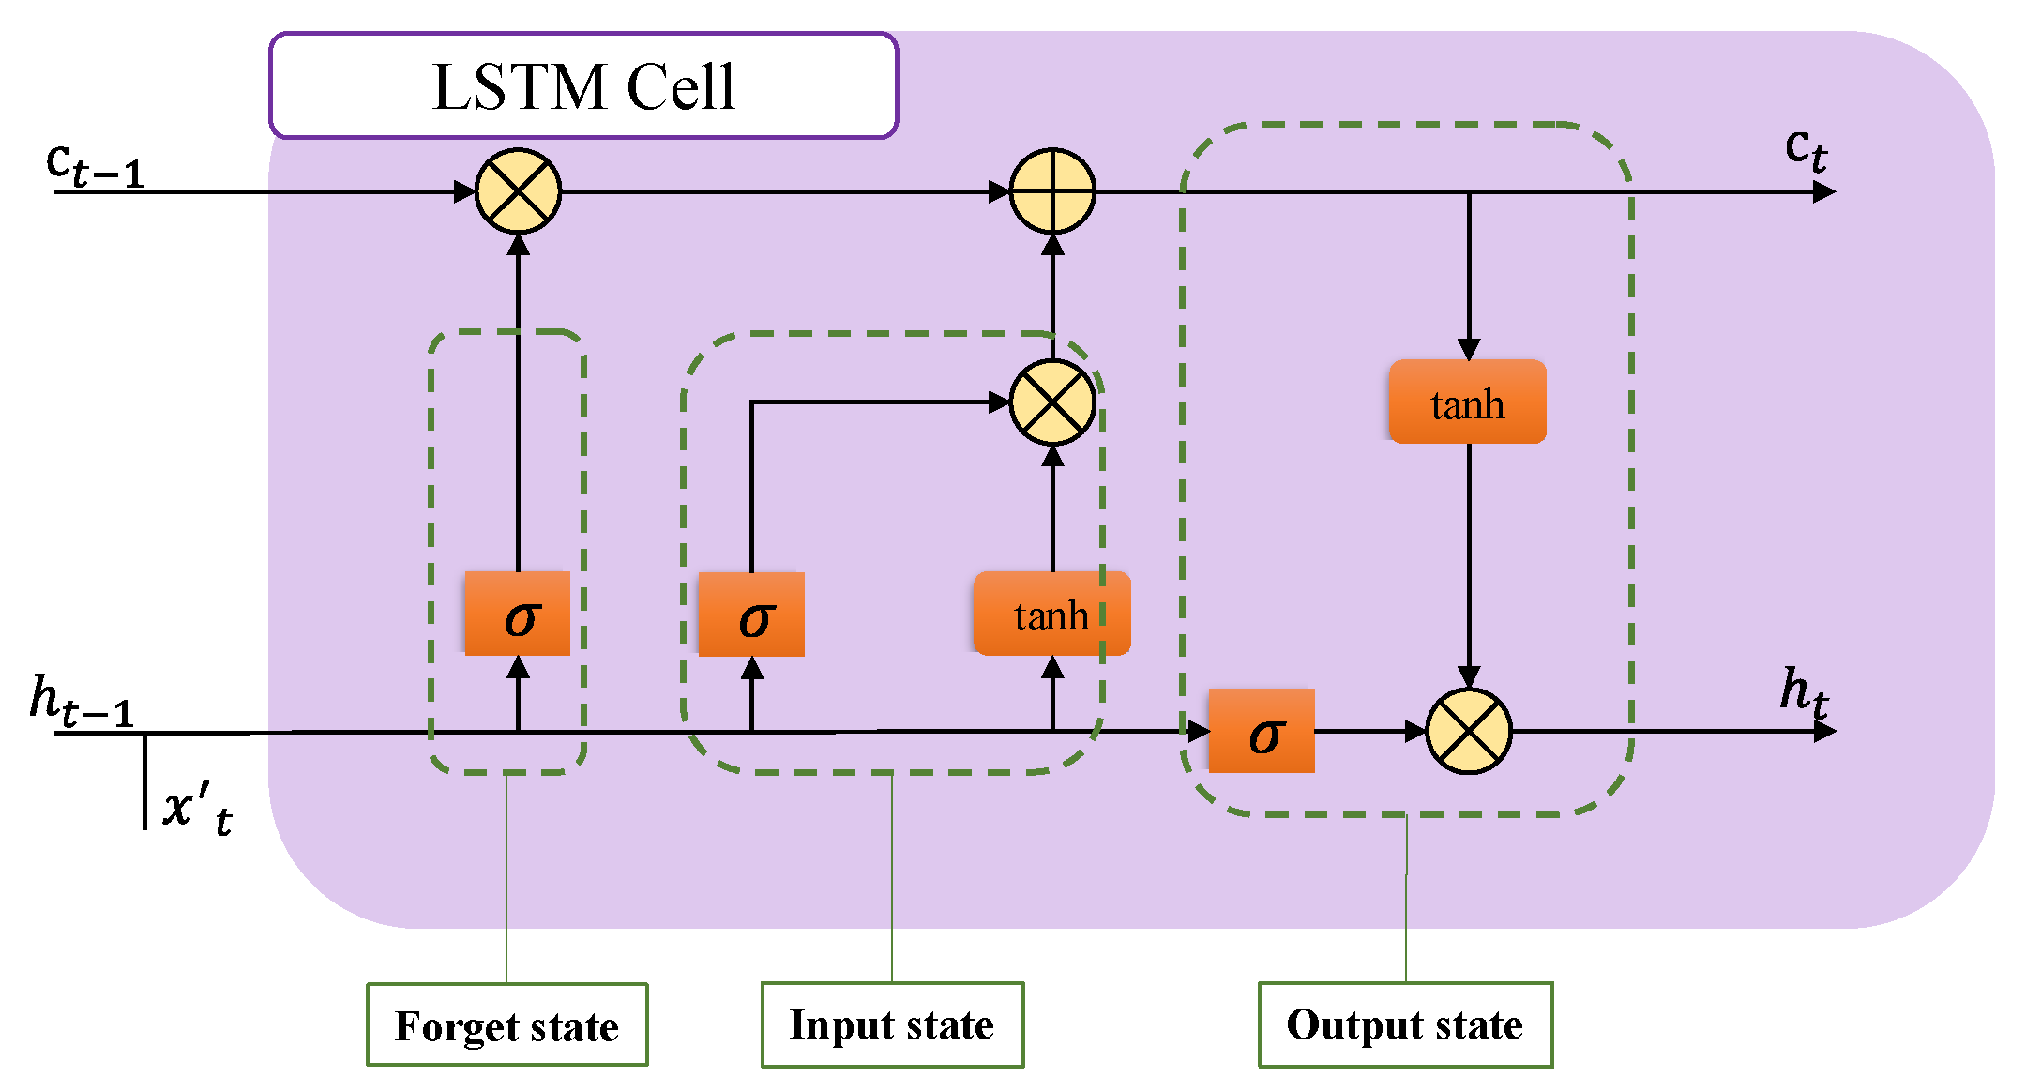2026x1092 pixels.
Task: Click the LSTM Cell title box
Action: (583, 86)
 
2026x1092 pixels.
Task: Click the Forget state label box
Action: (506, 1024)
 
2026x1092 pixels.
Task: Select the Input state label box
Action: (892, 1024)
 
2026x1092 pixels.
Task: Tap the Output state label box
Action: (1405, 1024)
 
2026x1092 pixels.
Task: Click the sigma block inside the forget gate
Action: (518, 614)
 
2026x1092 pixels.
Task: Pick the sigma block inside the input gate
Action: (751, 614)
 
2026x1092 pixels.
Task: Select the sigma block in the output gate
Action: (1262, 731)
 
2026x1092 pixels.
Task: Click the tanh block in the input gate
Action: (1051, 614)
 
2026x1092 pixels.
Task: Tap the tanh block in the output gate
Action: (1468, 402)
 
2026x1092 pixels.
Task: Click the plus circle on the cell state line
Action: (1052, 191)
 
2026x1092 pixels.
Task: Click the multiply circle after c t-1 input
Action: (518, 191)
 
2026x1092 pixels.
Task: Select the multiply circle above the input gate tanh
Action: (1052, 402)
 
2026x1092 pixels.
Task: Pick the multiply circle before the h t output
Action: (1469, 731)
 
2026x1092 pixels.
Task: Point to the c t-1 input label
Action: (94, 165)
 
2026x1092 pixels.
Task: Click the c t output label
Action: (1806, 149)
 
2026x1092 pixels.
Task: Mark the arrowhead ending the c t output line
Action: (1824, 191)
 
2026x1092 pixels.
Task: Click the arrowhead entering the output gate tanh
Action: (1469, 349)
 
